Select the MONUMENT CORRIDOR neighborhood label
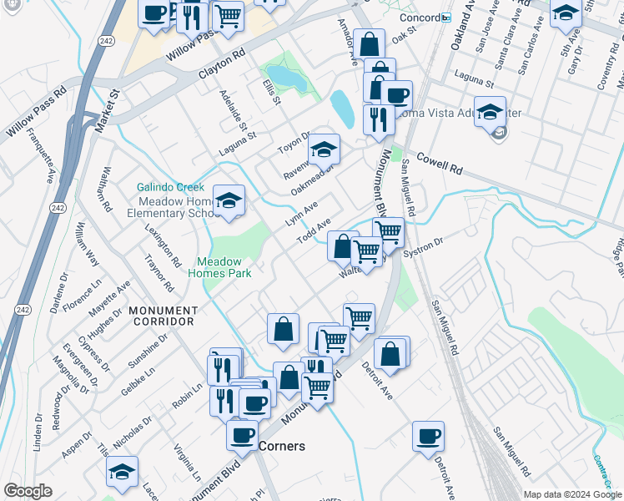[x=161, y=315]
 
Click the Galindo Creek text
[x=171, y=187]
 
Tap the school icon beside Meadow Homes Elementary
[x=229, y=201]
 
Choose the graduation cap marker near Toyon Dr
[x=324, y=150]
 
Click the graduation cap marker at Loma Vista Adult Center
[x=490, y=112]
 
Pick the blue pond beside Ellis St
[x=286, y=78]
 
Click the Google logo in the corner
[x=28, y=490]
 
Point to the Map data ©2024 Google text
[x=572, y=494]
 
